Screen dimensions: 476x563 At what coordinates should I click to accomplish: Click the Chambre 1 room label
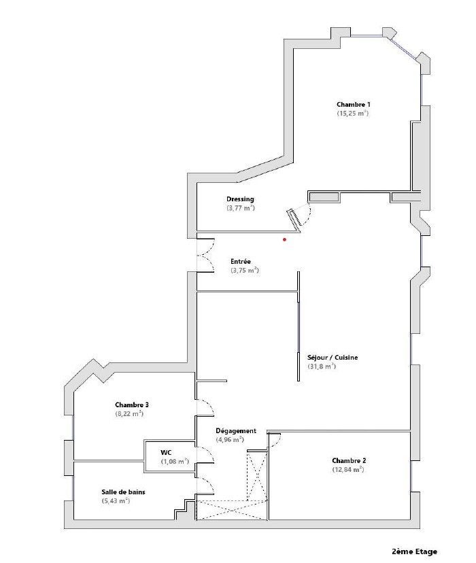click(x=353, y=105)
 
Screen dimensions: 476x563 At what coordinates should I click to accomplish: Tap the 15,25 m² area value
click(x=353, y=113)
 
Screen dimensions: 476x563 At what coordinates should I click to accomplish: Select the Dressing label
click(x=240, y=199)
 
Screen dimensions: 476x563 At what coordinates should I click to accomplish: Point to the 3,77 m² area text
click(x=241, y=208)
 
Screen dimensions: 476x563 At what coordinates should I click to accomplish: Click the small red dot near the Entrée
click(x=285, y=239)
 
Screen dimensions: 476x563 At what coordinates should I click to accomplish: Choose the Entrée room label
click(x=241, y=261)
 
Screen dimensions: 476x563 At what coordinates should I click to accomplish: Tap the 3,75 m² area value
click(x=245, y=271)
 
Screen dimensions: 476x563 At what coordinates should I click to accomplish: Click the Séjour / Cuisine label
click(x=333, y=357)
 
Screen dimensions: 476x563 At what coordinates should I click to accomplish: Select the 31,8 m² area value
click(x=322, y=366)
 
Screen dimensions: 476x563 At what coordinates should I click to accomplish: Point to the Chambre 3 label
click(x=132, y=405)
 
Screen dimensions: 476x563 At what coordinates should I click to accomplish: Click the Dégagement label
click(x=236, y=431)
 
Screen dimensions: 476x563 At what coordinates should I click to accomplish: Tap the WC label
click(x=166, y=453)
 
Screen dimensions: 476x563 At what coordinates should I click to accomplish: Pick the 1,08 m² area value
click(x=175, y=462)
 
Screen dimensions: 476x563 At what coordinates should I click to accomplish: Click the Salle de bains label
click(x=123, y=492)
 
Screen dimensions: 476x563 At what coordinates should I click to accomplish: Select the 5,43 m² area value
click(x=116, y=501)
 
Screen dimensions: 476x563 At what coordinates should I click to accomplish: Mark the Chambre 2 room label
click(x=349, y=461)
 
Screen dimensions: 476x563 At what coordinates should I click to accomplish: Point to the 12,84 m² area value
click(x=348, y=469)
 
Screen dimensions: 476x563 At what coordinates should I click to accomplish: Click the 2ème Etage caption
click(x=414, y=551)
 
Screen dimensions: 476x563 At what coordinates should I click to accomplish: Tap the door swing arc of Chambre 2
click(x=277, y=443)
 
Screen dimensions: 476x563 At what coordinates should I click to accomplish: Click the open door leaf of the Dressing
click(x=294, y=218)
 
